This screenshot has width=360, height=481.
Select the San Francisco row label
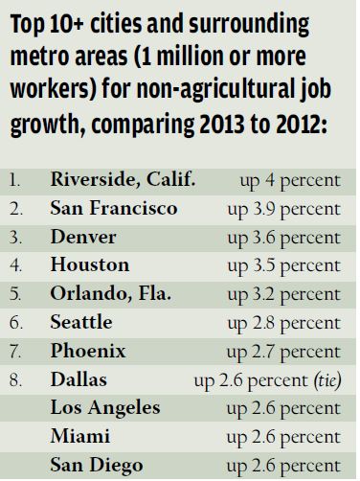(x=112, y=208)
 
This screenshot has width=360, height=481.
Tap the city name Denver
(x=81, y=237)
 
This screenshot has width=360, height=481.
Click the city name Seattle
(x=82, y=323)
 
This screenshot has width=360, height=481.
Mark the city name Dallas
(x=77, y=380)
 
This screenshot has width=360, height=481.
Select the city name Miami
(x=76, y=438)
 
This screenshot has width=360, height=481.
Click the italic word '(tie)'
(x=327, y=380)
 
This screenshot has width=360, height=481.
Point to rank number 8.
(x=16, y=380)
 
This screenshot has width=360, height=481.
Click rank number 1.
(x=16, y=179)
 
